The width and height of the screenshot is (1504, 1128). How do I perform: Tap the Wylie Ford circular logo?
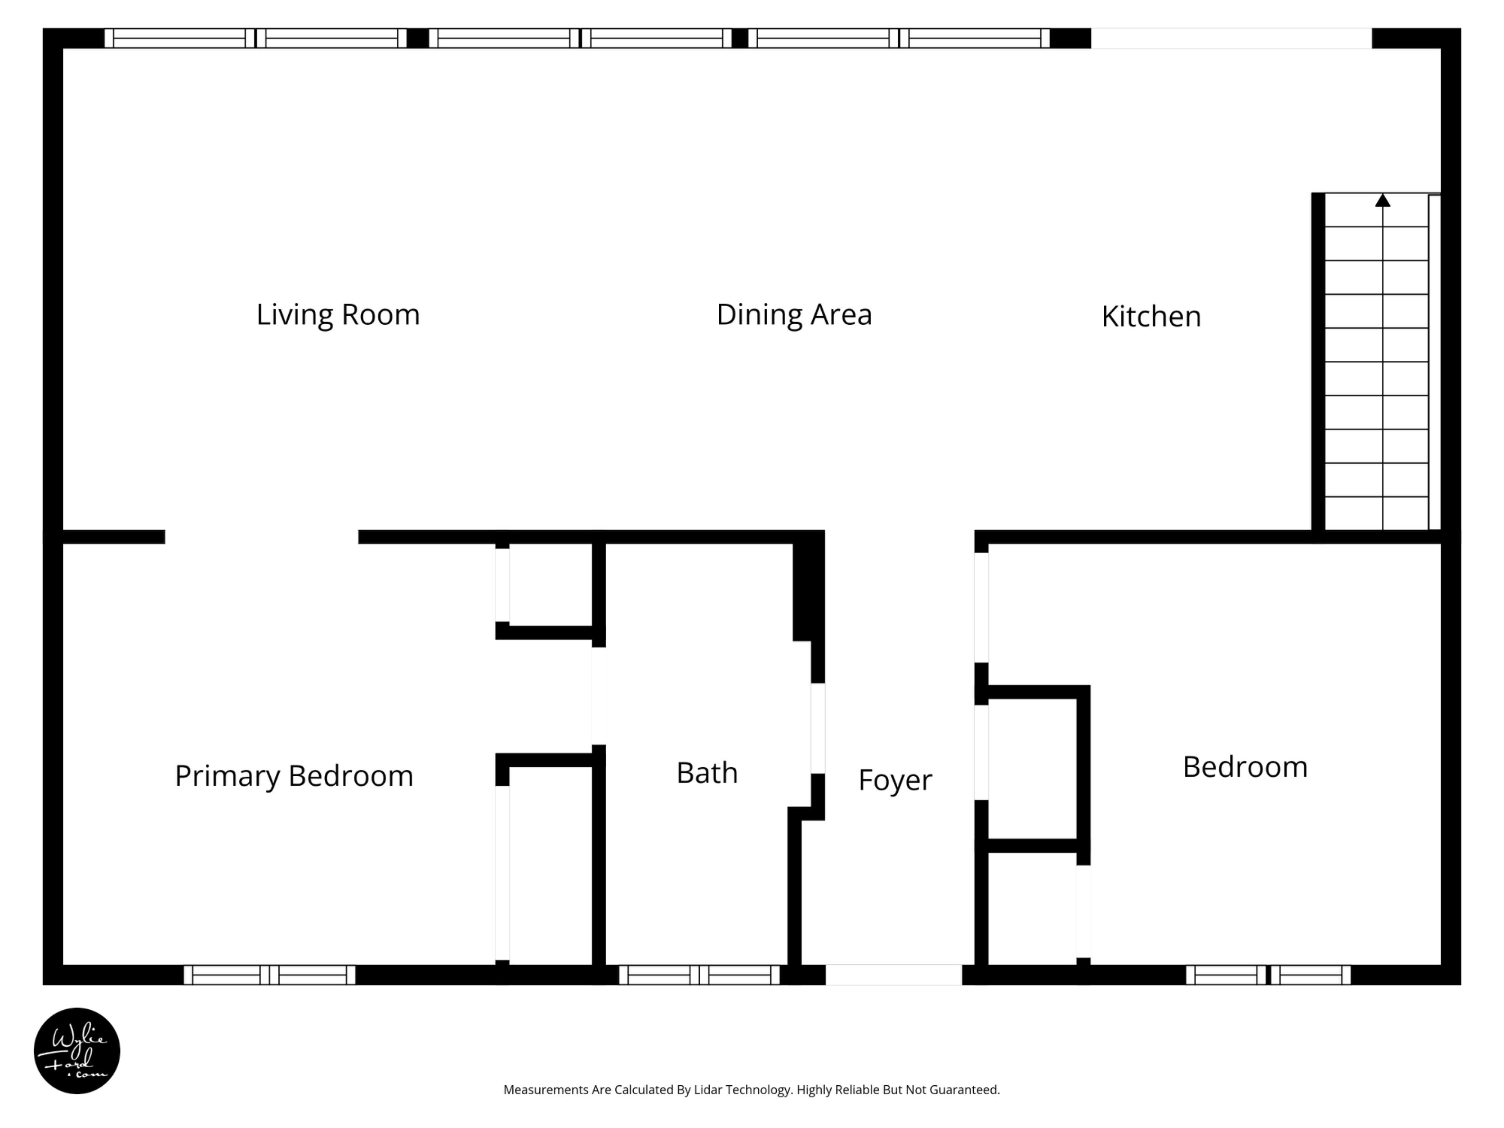(x=77, y=1050)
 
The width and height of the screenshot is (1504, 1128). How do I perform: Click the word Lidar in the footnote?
(x=708, y=1090)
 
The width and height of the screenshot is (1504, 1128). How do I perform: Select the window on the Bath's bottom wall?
(x=699, y=975)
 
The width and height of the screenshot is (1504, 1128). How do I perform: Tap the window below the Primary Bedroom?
(x=269, y=975)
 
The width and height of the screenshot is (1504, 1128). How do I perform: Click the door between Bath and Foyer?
(x=818, y=728)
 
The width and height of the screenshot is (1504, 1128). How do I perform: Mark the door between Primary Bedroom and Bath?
(x=599, y=696)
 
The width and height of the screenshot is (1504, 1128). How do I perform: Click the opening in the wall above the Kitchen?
(x=1231, y=38)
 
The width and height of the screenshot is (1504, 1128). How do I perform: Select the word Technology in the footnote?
(x=759, y=1090)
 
